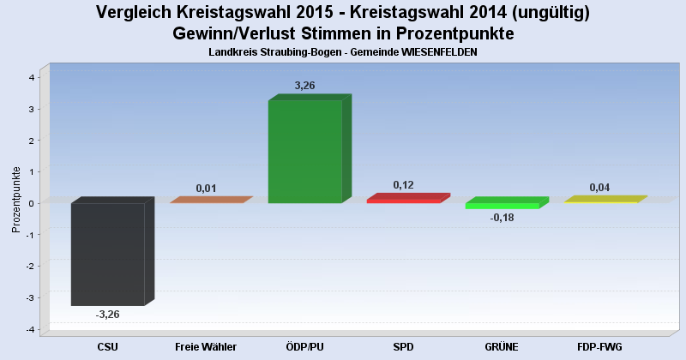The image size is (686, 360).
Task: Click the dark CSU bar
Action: tap(107, 254)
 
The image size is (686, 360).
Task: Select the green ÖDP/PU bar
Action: tap(304, 152)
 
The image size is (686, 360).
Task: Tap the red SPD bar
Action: tap(403, 200)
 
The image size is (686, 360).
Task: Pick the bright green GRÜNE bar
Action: tap(502, 205)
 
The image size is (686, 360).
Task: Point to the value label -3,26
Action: tap(107, 315)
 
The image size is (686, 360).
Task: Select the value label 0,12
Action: tap(404, 185)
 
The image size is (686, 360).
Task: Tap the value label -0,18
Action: tap(501, 218)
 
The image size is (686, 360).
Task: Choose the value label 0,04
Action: tap(600, 188)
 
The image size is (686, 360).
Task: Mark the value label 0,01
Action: tap(206, 188)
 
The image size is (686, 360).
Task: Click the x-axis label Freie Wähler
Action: tap(206, 346)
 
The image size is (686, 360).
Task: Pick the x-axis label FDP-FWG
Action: tap(600, 346)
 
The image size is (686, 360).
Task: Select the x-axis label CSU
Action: tap(107, 346)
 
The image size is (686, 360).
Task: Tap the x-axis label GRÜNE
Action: tap(502, 346)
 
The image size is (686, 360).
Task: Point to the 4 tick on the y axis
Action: tap(32, 77)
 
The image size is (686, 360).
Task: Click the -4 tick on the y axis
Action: tap(30, 329)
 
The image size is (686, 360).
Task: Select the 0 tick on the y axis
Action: tap(32, 203)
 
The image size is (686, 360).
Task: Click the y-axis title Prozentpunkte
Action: tap(16, 199)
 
